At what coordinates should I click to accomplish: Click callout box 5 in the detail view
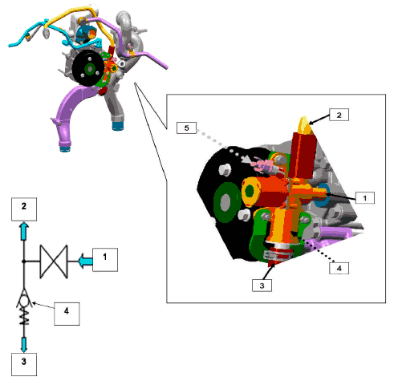pos(186,128)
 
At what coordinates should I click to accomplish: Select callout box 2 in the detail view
pos(339,115)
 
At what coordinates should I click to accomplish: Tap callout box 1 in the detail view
pos(365,198)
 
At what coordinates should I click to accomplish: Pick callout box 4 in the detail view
pos(339,268)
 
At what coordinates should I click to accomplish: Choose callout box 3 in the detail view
pos(262,286)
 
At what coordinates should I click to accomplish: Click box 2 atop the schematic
pos(24,209)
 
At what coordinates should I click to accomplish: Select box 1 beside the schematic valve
pos(105,260)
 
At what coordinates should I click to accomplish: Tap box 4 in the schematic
pos(67,314)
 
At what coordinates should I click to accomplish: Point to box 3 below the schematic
pos(24,364)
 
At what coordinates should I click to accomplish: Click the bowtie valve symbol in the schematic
pos(54,261)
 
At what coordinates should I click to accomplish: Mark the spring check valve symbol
pos(24,307)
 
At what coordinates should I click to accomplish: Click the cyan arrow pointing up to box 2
pos(24,231)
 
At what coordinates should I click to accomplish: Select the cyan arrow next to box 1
pos(86,261)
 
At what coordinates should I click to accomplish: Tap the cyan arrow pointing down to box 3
pos(24,345)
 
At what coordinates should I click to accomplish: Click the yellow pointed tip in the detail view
pos(305,126)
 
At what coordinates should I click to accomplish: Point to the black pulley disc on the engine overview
pos(88,68)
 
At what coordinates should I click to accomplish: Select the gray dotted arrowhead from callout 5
pos(246,160)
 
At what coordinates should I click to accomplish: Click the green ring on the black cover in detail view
pos(226,202)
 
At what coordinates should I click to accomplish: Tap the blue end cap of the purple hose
pos(64,148)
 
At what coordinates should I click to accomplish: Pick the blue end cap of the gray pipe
pos(118,126)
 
